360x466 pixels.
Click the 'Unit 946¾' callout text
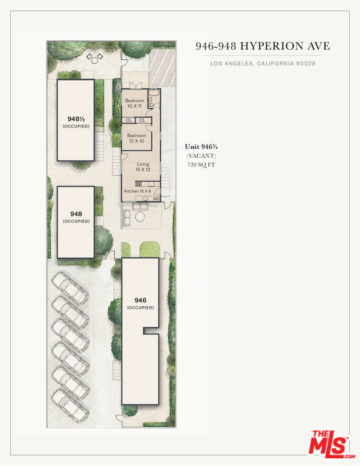click(201, 146)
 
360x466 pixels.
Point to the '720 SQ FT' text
click(201, 164)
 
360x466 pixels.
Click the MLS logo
click(332, 445)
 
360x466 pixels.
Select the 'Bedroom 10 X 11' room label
click(135, 103)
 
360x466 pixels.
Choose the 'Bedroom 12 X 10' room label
click(137, 139)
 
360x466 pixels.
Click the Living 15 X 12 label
click(143, 167)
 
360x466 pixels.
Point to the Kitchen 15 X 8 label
click(138, 191)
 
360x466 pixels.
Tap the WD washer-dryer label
click(156, 199)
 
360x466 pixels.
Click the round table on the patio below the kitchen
click(140, 217)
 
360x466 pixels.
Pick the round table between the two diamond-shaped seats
click(95, 60)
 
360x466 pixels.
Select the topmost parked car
click(70, 288)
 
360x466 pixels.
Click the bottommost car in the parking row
click(70, 406)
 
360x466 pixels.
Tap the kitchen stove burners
click(139, 184)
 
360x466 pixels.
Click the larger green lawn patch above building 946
click(150, 250)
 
